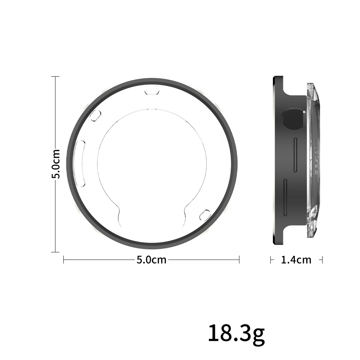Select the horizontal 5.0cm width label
pyautogui.click(x=152, y=260)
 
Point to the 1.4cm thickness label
pyautogui.click(x=296, y=260)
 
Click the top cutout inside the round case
pyautogui.click(x=152, y=90)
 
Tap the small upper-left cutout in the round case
pyautogui.click(x=95, y=116)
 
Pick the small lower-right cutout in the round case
pyautogui.click(x=205, y=215)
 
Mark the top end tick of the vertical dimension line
pyautogui.click(x=55, y=77)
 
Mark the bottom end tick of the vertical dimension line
pyautogui.click(x=55, y=252)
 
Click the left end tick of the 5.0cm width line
pyautogui.click(x=64, y=260)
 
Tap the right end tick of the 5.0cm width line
pyautogui.click(x=239, y=260)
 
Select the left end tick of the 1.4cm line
pyautogui.click(x=271, y=260)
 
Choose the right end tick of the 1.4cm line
pyautogui.click(x=322, y=260)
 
